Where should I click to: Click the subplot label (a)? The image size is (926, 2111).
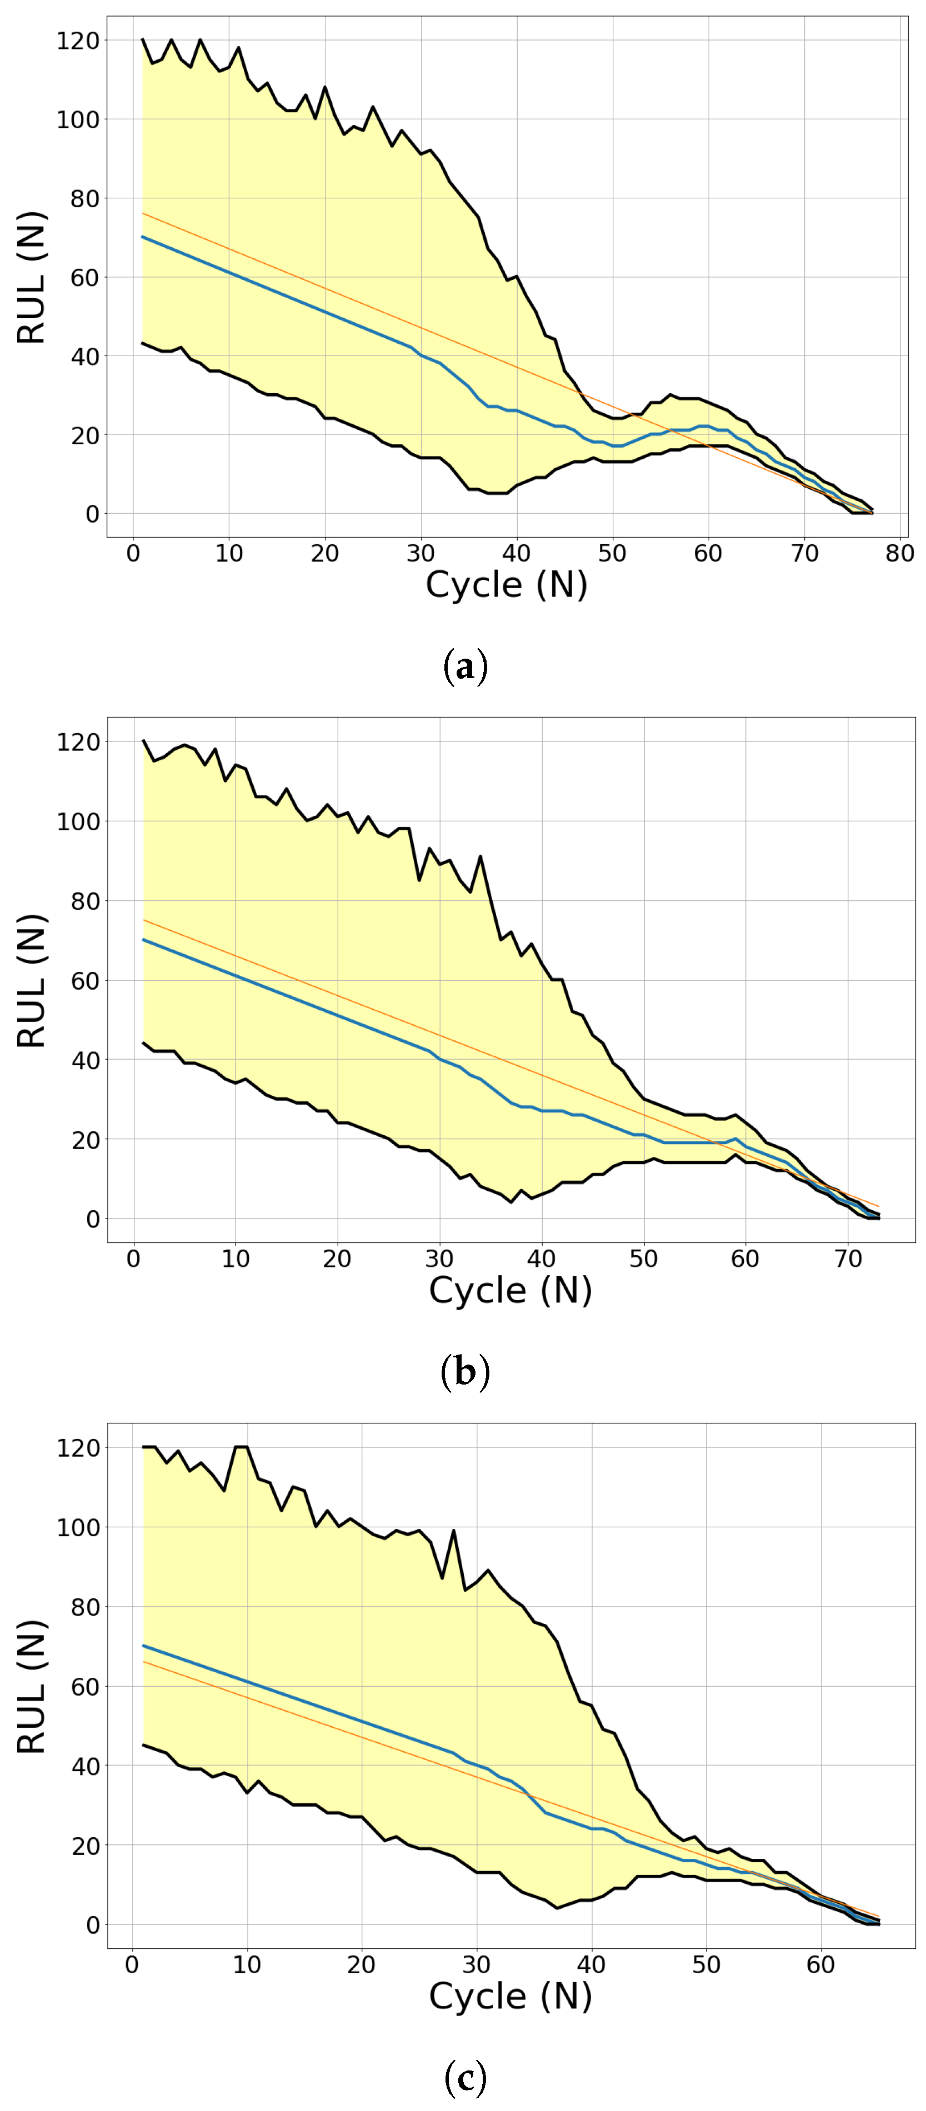coord(464,666)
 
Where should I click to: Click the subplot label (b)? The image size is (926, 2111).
coord(464,1372)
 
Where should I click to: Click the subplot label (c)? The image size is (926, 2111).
coord(464,2078)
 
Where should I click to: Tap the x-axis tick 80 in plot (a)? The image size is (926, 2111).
coord(899,553)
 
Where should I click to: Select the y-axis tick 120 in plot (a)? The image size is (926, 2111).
coord(77,40)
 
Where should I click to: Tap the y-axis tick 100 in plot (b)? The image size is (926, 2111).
coord(77,821)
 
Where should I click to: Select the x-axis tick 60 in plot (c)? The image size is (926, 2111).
coord(821,1964)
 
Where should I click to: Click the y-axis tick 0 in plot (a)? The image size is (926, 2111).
coord(91,514)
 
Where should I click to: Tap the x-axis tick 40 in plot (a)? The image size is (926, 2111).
coord(516,553)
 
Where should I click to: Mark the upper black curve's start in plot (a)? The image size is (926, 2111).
coord(143,39)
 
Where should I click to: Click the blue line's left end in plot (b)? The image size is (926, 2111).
coord(143,940)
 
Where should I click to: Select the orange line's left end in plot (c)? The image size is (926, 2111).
coord(143,1661)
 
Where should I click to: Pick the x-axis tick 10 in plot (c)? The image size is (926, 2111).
coord(247,1964)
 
